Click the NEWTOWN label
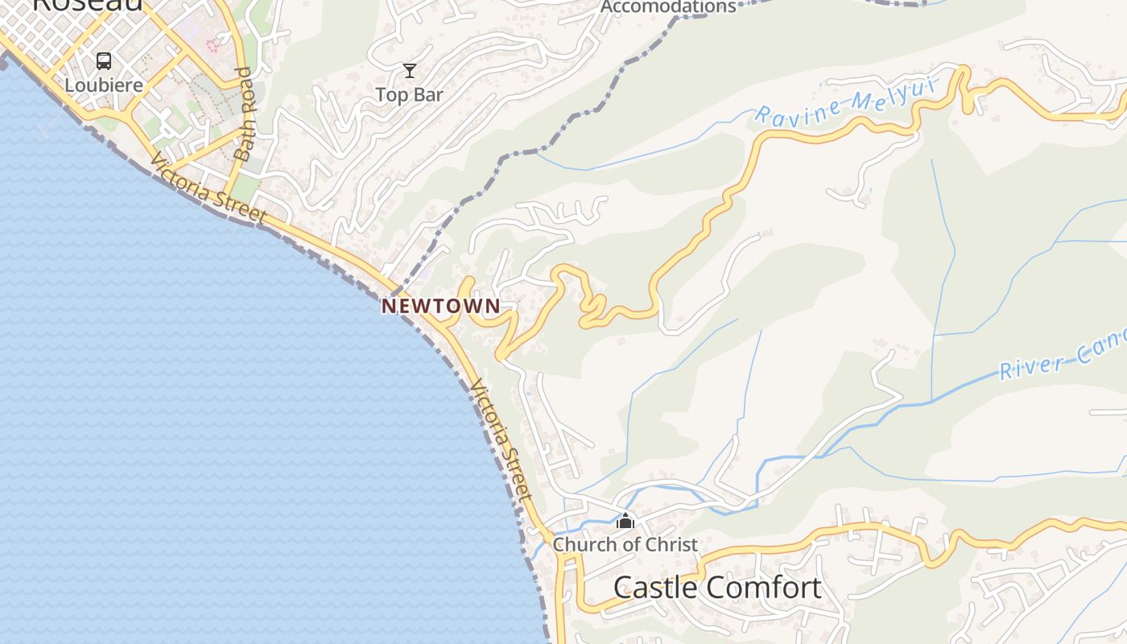pos(440,306)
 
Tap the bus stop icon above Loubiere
pos(104,60)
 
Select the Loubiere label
pos(104,85)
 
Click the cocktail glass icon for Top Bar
pos(410,71)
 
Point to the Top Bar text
pos(410,94)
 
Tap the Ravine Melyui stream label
pos(846,104)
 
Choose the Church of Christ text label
pos(625,544)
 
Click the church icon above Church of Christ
pos(625,522)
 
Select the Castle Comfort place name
pos(717,588)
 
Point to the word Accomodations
pos(668,7)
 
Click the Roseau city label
pos(89,4)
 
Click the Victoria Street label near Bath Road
pos(208,189)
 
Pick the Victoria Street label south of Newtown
pos(503,440)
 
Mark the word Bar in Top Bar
pos(428,94)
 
